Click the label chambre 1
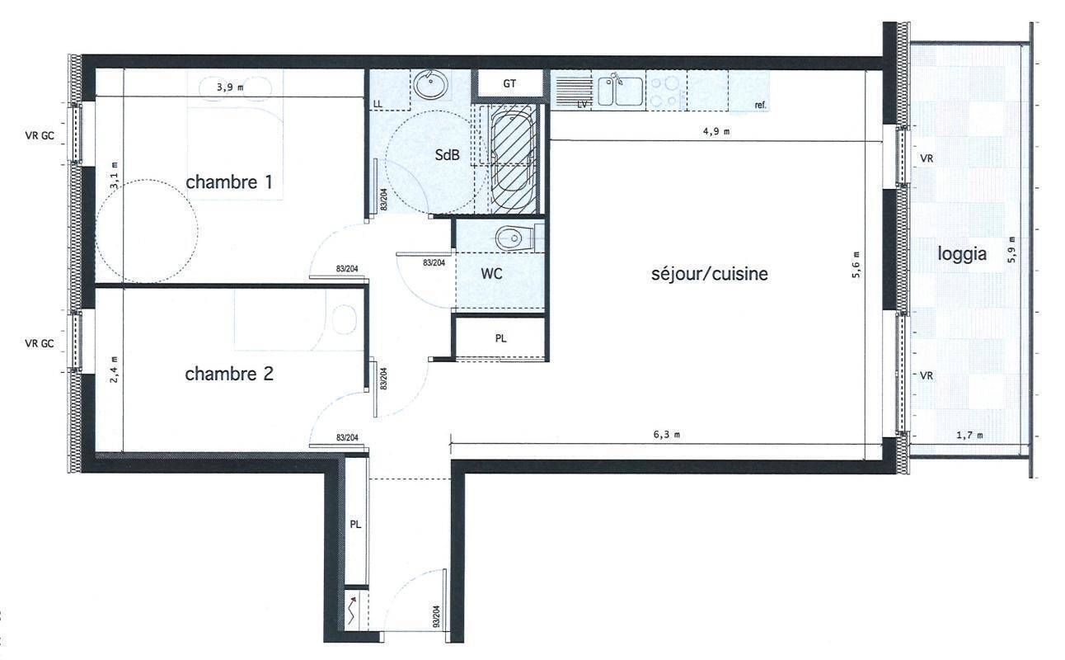[229, 182]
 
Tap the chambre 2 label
[229, 374]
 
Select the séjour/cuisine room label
[710, 274]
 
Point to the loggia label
[962, 254]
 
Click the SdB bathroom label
[448, 154]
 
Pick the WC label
[491, 274]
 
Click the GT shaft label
[509, 84]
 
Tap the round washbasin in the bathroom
[431, 85]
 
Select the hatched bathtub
[513, 159]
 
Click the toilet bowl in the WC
[509, 238]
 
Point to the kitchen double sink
[621, 91]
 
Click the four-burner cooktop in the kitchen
[666, 92]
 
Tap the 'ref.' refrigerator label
[761, 105]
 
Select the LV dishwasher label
[582, 105]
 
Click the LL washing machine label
[378, 105]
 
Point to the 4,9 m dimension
[716, 131]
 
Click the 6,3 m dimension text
[666, 435]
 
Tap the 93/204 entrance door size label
[436, 616]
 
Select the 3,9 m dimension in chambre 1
[230, 87]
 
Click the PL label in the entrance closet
[355, 525]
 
